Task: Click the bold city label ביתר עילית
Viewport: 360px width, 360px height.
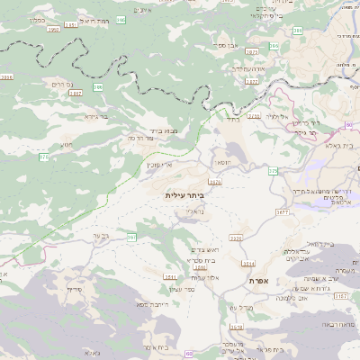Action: [x=185, y=194]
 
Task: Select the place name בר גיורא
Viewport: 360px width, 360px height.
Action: [x=96, y=116]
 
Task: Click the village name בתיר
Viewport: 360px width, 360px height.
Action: [x=232, y=118]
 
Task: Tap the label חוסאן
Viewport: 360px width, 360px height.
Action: [x=221, y=162]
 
